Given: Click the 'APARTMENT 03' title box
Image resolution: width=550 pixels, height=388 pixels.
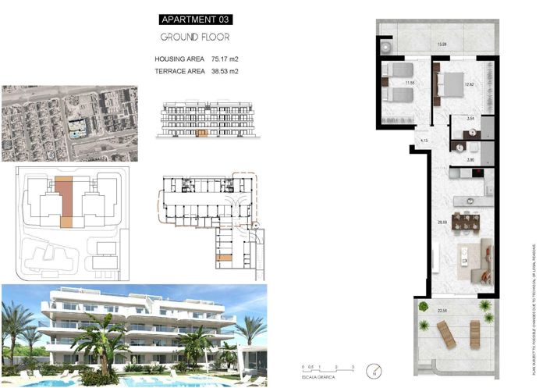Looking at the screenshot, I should click(196, 19).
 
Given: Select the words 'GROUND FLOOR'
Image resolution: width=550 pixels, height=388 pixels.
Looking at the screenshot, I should click(195, 37).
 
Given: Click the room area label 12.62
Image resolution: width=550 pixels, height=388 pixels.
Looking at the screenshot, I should click(469, 84).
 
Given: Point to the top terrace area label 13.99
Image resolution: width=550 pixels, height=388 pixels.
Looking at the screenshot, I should click(442, 44).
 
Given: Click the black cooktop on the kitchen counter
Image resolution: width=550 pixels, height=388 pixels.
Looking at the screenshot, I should click(476, 173).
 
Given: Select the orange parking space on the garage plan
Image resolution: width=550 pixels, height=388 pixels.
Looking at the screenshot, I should click(224, 258).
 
